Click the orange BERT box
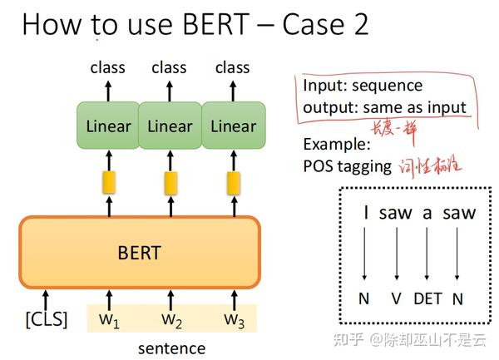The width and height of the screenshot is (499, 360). tap(140, 251)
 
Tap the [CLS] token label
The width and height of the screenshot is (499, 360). tap(45, 318)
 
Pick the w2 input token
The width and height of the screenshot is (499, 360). tap(172, 318)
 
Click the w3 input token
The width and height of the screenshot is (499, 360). tap(235, 318)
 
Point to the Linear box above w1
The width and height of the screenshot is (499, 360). tap(108, 126)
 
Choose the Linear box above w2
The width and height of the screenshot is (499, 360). tap(170, 126)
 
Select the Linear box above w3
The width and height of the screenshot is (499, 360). tap(233, 126)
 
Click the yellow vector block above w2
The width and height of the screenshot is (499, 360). tap(170, 183)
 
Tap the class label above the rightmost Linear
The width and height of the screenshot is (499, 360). tap(232, 67)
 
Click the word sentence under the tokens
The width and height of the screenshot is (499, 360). tap(171, 348)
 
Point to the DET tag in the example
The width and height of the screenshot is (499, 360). tap(427, 297)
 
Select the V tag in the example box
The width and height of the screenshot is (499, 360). tap(396, 297)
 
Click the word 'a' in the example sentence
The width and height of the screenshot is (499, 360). tap(427, 213)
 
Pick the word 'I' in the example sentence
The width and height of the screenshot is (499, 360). tap(366, 213)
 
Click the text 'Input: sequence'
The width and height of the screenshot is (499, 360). tap(363, 86)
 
